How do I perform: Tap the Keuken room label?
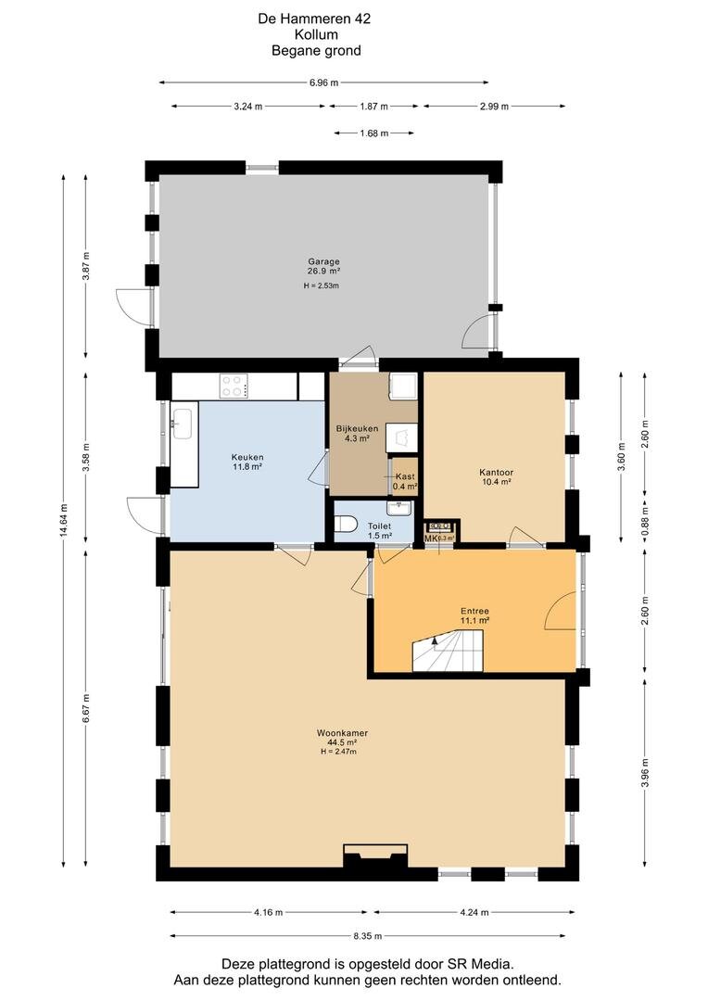click(247, 457)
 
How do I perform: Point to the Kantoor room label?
click(497, 472)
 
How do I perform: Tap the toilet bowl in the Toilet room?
click(347, 526)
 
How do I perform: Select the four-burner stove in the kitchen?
click(233, 385)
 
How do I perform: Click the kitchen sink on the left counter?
click(182, 424)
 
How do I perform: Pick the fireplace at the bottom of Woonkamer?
click(375, 856)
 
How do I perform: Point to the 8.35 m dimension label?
click(369, 934)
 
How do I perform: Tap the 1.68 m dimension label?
click(373, 133)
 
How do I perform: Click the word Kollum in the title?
click(316, 34)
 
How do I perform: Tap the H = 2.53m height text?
click(322, 286)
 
